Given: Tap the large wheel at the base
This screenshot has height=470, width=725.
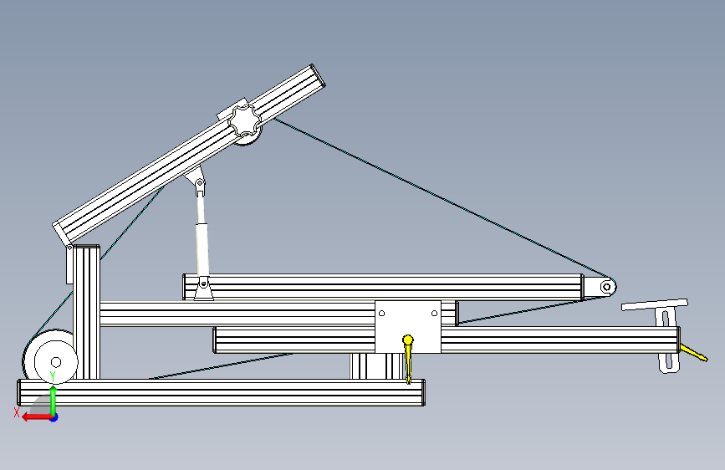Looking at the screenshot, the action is [50, 356].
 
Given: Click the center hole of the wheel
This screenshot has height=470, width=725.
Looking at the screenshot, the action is [56, 362].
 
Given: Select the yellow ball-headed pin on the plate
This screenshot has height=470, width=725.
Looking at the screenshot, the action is [408, 359].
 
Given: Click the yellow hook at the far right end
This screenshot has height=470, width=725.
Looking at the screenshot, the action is [693, 353].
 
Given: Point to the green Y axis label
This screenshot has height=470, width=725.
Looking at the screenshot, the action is [53, 376].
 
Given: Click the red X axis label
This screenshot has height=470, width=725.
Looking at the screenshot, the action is [17, 412].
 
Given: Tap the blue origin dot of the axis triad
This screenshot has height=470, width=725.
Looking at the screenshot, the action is [54, 417].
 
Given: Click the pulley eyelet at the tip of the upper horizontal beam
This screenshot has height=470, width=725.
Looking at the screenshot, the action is [607, 288].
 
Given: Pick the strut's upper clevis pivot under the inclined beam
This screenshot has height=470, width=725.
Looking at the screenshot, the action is [199, 183].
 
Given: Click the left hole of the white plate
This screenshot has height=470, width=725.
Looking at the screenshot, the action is [381, 313].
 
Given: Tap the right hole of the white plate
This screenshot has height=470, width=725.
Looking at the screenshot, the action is [434, 313].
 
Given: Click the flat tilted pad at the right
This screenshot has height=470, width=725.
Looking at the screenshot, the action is [655, 305].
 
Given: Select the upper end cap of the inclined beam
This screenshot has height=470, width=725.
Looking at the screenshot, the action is [318, 76].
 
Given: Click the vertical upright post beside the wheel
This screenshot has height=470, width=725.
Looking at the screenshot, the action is [86, 312].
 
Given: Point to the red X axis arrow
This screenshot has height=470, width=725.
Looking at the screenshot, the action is [36, 417].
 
